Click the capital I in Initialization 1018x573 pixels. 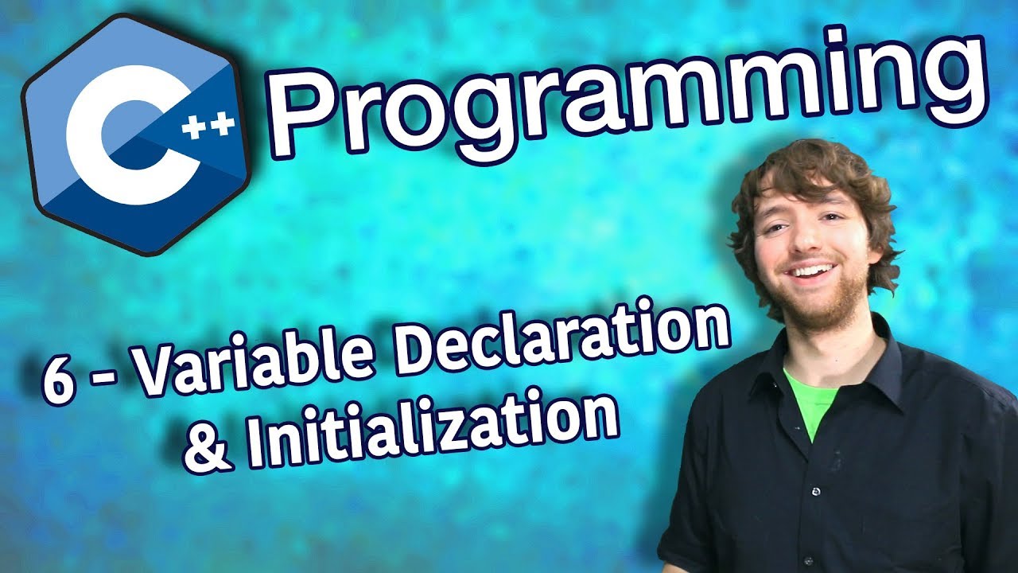tap(254, 442)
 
